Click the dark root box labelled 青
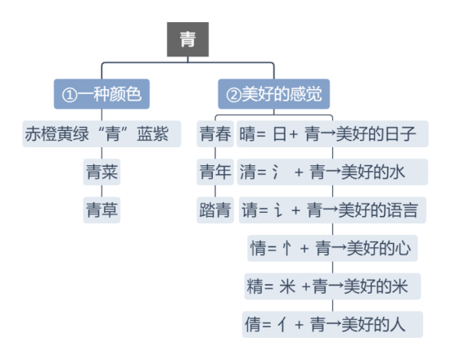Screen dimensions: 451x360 187,39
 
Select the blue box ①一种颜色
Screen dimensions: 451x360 101,94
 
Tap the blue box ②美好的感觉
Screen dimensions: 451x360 274,94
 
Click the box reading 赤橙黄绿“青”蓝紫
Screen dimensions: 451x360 101,134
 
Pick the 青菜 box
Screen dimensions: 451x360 101,172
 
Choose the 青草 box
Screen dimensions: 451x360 101,210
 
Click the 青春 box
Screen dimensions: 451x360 215,134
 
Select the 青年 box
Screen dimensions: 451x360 215,172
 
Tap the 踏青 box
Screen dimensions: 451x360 215,210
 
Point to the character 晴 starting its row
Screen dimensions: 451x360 247,134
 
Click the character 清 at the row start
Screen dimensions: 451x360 248,172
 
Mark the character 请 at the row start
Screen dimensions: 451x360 250,210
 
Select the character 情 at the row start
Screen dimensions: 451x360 258,248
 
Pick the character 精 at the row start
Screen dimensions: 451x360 255,286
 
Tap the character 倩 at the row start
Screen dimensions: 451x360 253,324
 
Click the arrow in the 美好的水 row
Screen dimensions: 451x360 333,172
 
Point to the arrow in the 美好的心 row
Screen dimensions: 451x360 339,248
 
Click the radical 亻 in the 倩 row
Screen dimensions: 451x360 282,325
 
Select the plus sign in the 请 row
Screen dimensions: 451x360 296,210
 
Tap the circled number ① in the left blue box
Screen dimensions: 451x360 70,95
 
